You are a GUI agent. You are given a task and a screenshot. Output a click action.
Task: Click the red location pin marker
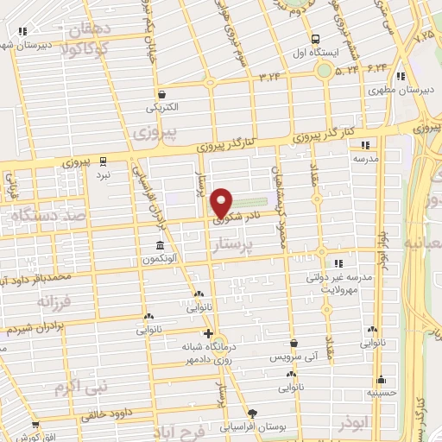pyautogui.click(x=222, y=203)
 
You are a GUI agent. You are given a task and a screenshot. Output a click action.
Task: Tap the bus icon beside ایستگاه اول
pyautogui.click(x=315, y=39)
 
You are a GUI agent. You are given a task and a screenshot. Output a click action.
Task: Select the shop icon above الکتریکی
pyautogui.click(x=161, y=95)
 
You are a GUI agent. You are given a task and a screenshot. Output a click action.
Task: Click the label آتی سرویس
pyautogui.click(x=294, y=357)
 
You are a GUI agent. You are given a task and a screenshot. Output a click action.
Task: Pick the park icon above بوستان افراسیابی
pyautogui.click(x=252, y=414)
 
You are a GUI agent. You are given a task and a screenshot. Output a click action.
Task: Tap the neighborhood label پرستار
pyautogui.click(x=236, y=248)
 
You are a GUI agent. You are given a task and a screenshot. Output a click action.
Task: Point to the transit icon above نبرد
pyautogui.click(x=104, y=161)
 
